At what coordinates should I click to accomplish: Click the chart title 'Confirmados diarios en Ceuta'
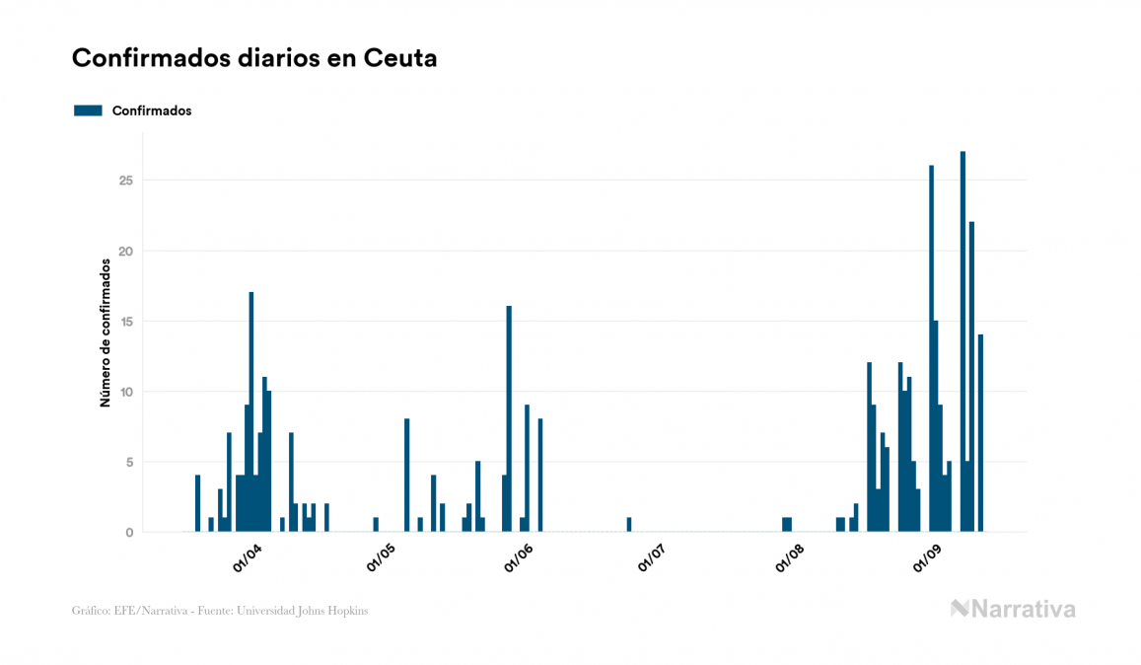(x=254, y=58)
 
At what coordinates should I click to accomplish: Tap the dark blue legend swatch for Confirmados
(x=88, y=111)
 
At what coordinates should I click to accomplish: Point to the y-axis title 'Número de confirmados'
(x=105, y=332)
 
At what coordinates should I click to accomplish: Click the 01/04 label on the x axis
(x=247, y=558)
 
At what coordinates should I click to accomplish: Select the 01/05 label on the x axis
(x=382, y=558)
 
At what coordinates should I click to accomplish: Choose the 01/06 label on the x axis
(x=519, y=558)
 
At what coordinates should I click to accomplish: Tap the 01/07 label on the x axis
(x=653, y=558)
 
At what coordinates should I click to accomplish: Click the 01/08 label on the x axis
(x=790, y=558)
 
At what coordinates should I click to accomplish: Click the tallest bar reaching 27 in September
(x=963, y=341)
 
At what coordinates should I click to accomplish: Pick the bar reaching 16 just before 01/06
(x=509, y=419)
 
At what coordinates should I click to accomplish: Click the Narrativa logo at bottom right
(x=1013, y=609)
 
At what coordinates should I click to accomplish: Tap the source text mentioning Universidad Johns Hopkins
(x=220, y=611)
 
